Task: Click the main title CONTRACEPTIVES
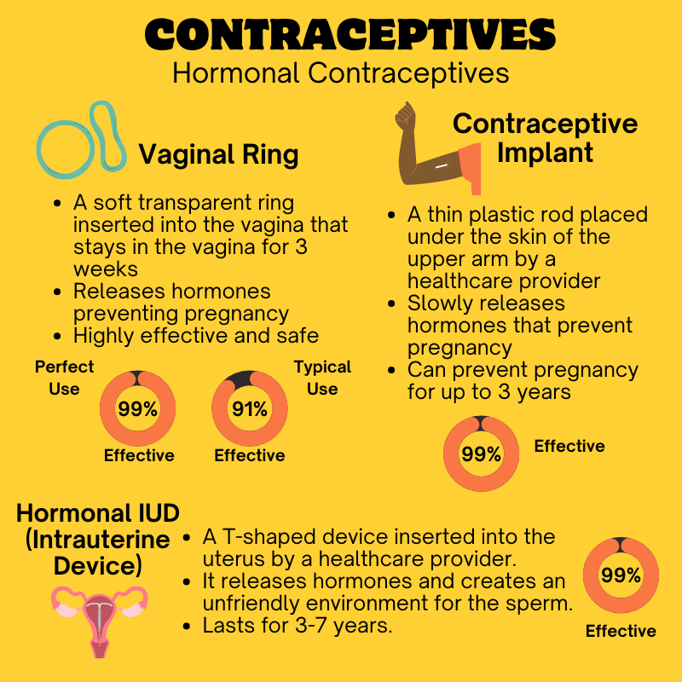click(x=350, y=34)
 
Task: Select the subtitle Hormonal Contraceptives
click(x=340, y=72)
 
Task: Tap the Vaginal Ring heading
click(x=218, y=155)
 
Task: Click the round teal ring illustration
click(x=66, y=149)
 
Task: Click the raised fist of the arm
click(x=405, y=115)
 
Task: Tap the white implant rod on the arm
click(x=442, y=166)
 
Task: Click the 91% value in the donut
click(x=249, y=409)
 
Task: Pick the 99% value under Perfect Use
click(x=137, y=409)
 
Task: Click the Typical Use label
click(x=322, y=378)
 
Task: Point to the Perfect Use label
click(x=65, y=378)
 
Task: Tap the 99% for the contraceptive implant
click(x=481, y=454)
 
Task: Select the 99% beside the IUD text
click(x=621, y=575)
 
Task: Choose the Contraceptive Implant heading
click(x=545, y=138)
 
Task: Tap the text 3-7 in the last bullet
click(x=310, y=626)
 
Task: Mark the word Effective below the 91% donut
click(x=250, y=455)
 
